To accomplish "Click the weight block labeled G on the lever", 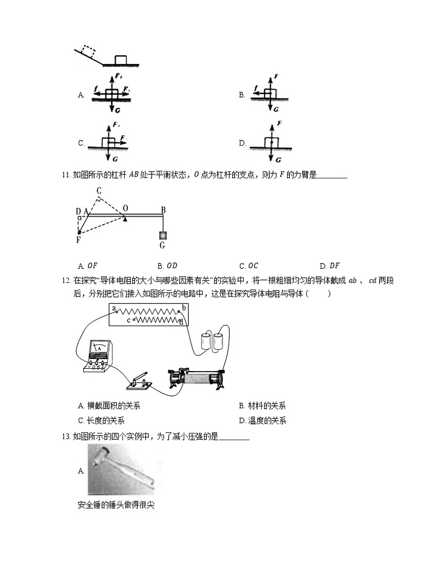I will pos(162,235).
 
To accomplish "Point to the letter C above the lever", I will pos(98,191).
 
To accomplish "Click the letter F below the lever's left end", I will pos(78,240).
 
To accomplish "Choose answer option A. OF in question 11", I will pos(89,266).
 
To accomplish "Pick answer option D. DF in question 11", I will pos(330,266).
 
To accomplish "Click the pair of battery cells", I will pos(211,342).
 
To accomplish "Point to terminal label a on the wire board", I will pos(114,309).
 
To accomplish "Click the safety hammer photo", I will pos(121,470).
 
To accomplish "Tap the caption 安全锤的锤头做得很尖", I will pos(116,505).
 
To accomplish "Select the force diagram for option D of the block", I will pos(271,139).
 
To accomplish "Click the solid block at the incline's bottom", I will pos(120,60).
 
